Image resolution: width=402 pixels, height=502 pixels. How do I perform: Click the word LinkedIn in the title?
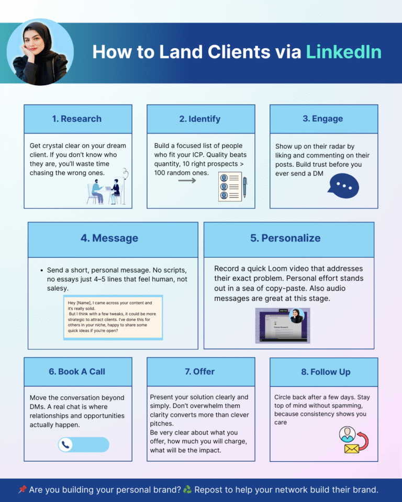(x=343, y=52)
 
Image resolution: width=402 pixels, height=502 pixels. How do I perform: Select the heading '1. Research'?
(x=77, y=119)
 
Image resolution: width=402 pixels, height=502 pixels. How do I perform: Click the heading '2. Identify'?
(x=200, y=119)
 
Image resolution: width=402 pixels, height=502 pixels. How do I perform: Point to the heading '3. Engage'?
(x=323, y=119)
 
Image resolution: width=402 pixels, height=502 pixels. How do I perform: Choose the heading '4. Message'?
(x=109, y=238)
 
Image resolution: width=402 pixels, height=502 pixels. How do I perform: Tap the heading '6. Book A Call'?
(x=77, y=372)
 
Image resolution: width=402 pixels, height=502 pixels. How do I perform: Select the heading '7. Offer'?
(x=200, y=372)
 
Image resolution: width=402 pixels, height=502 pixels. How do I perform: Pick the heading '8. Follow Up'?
(x=323, y=372)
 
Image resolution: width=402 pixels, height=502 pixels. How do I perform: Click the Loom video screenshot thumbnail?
(x=283, y=325)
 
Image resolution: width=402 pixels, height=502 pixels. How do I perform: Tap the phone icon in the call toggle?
(x=66, y=445)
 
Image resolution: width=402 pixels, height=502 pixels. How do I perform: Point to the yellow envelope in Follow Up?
(x=352, y=448)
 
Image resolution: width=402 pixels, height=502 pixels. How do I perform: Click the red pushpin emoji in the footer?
(x=23, y=489)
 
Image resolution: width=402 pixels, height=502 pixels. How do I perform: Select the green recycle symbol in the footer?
(x=187, y=489)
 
